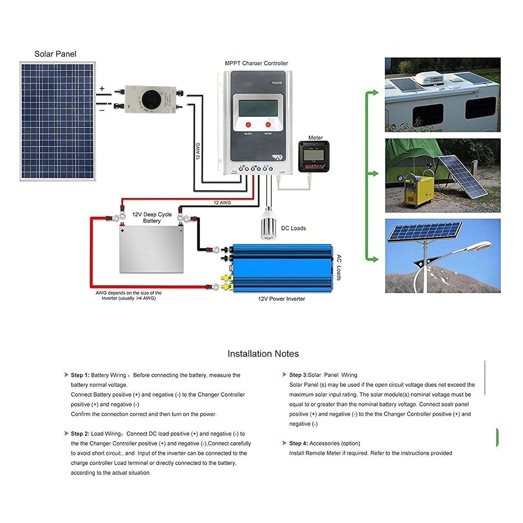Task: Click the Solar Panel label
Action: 55,54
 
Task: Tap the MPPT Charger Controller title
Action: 256,63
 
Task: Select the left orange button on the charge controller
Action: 248,124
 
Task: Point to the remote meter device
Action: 314,157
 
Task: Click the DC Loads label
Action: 293,228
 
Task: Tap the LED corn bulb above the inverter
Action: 268,223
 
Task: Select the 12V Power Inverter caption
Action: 281,299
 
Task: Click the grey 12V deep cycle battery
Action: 151,249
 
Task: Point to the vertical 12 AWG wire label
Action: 198,151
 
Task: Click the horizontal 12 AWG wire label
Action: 222,203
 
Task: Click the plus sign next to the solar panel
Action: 102,89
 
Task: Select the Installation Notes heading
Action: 263,354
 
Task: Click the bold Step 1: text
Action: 80,375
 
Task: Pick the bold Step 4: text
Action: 298,444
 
